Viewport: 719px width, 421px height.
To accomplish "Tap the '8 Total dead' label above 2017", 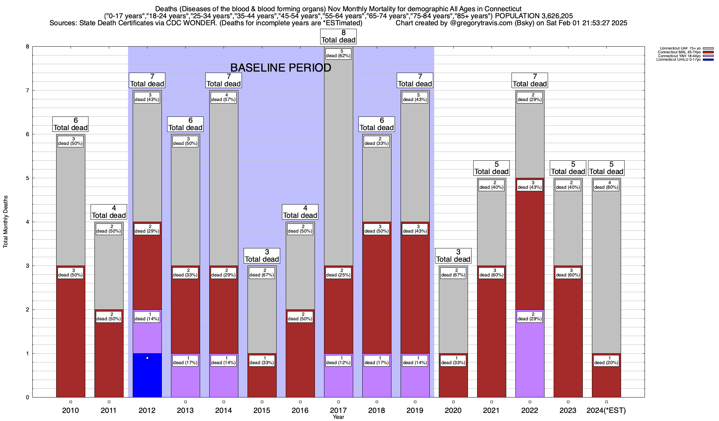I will tap(338, 36).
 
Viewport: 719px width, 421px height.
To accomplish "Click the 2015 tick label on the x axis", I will tap(262, 410).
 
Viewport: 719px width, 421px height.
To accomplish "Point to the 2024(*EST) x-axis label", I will tap(606, 410).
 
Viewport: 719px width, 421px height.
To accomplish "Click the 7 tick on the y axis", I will tap(27, 91).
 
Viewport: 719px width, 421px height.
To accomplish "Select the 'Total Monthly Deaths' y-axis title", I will tap(6, 222).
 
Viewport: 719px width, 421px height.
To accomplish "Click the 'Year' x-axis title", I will tap(338, 417).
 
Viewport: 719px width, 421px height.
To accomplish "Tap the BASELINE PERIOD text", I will tap(281, 68).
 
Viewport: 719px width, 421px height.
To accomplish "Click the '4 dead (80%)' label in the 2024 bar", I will tap(606, 185).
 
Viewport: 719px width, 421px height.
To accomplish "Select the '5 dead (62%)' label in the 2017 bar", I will tap(338, 53).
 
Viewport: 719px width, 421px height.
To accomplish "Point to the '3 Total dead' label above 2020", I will tap(453, 256).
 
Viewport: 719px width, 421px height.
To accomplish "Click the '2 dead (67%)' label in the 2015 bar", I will tap(262, 273).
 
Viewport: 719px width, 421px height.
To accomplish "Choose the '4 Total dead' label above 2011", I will tap(109, 212).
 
